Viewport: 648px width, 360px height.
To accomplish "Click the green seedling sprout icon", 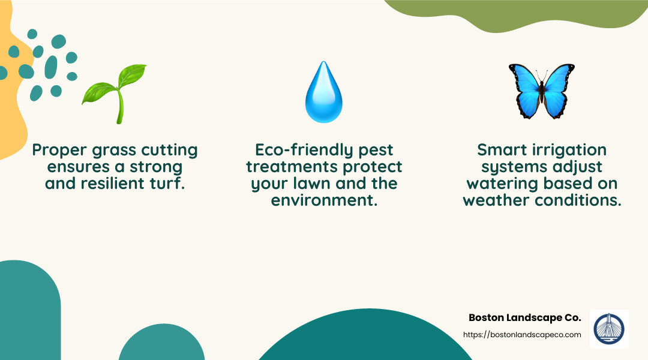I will coord(116,93).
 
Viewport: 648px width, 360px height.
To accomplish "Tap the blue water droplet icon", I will coord(323,92).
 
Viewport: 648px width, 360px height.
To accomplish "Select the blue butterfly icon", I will coord(541,91).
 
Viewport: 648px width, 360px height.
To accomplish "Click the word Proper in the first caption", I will coord(59,150).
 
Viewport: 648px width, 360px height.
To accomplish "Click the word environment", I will coord(324,200).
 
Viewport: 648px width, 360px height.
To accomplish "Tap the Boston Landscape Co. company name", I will coord(524,317).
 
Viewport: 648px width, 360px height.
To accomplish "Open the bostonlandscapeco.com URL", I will coord(522,335).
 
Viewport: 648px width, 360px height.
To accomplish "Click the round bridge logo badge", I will coord(609,329).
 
